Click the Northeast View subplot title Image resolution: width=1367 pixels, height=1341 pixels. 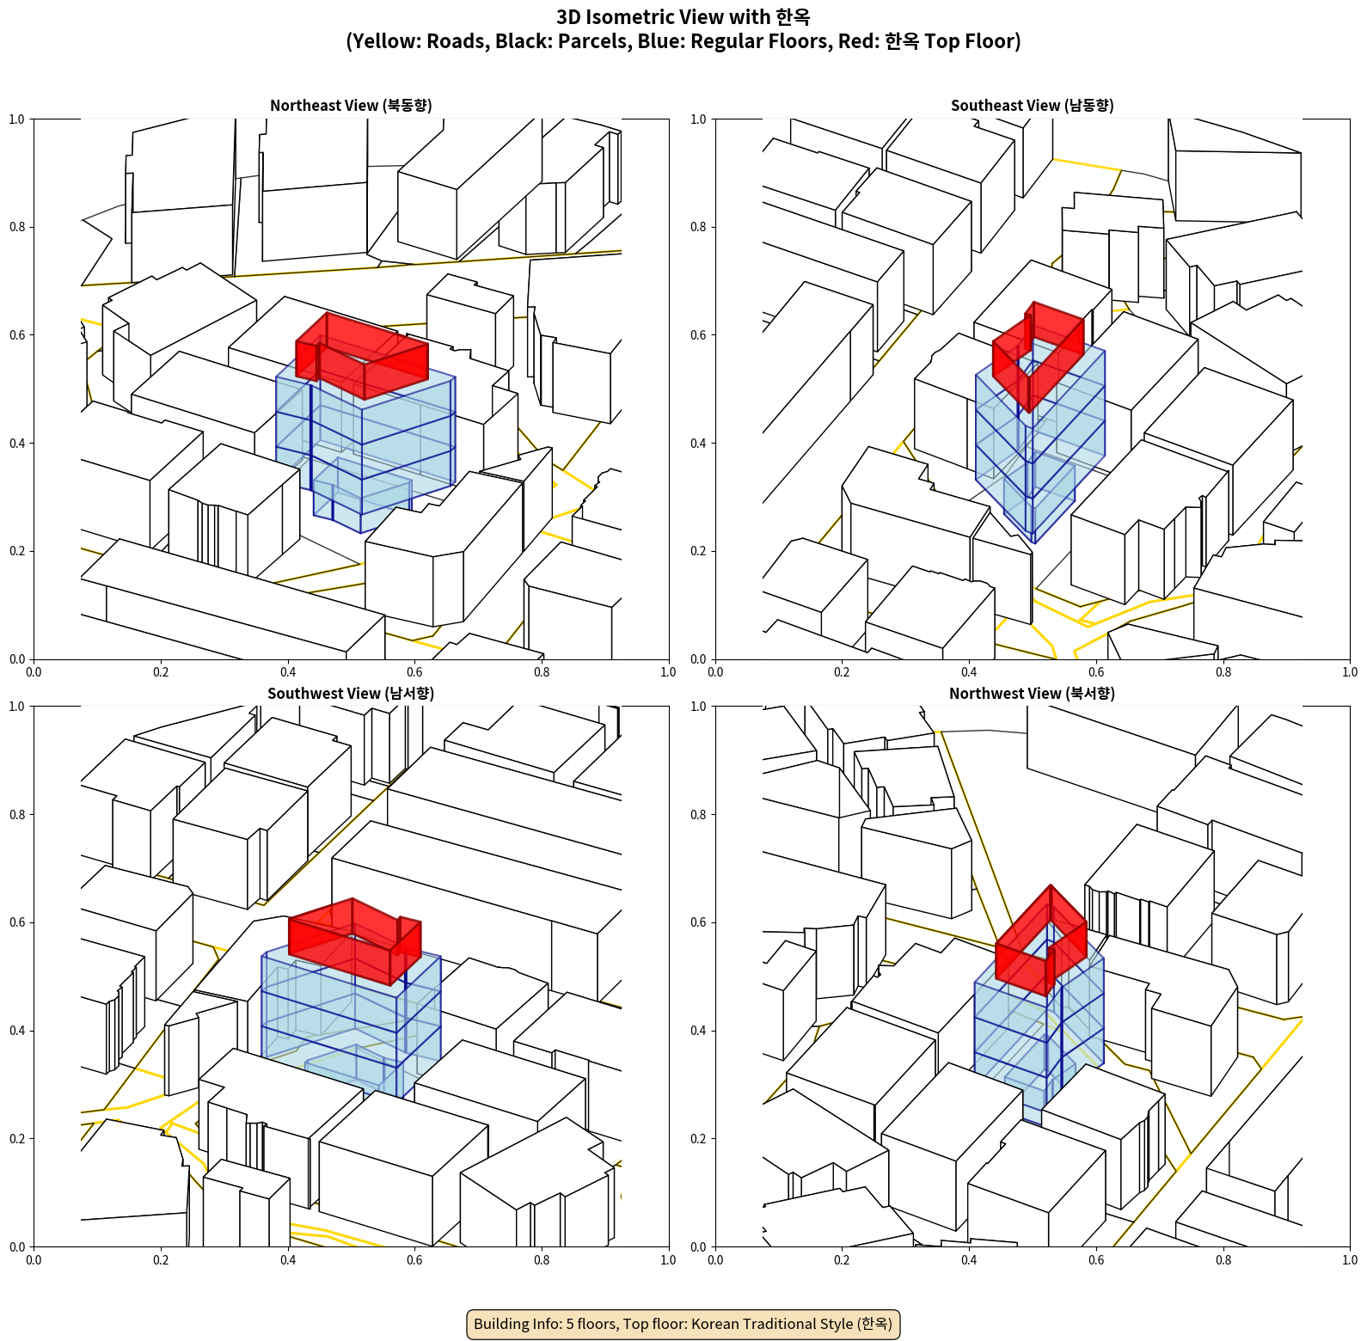[x=351, y=105]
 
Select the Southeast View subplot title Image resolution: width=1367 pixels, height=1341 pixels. [x=1032, y=105]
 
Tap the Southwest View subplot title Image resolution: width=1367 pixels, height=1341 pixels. [x=351, y=693]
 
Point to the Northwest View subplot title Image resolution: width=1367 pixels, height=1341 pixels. [x=1032, y=693]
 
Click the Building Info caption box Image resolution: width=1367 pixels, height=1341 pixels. [x=683, y=1324]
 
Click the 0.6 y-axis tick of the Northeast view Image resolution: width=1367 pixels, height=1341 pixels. [x=17, y=335]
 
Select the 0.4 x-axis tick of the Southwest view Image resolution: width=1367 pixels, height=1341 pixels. [x=288, y=1260]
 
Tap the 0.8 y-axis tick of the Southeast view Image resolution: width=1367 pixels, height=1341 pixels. [x=699, y=227]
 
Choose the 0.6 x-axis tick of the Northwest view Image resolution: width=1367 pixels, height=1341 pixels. [x=1096, y=1260]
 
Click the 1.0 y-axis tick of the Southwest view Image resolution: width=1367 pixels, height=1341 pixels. [x=17, y=707]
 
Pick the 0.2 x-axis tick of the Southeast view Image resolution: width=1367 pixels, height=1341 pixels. [x=842, y=672]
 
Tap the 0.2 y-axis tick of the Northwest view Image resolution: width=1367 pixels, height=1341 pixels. [x=699, y=1139]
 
